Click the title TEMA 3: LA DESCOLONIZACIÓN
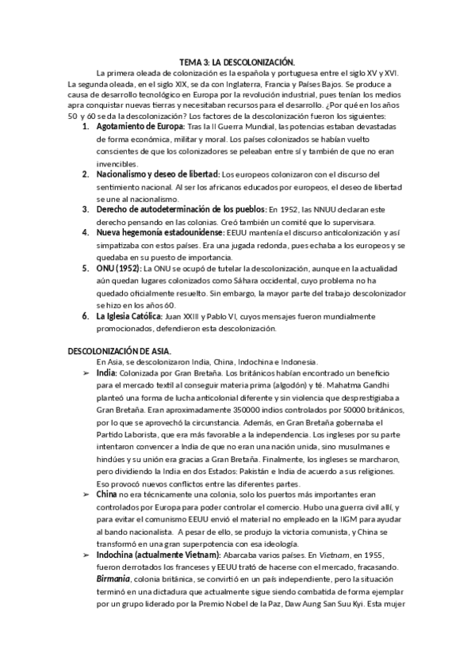pos(237,61)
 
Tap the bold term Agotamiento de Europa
pos(140,126)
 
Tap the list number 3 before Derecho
pos(85,209)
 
